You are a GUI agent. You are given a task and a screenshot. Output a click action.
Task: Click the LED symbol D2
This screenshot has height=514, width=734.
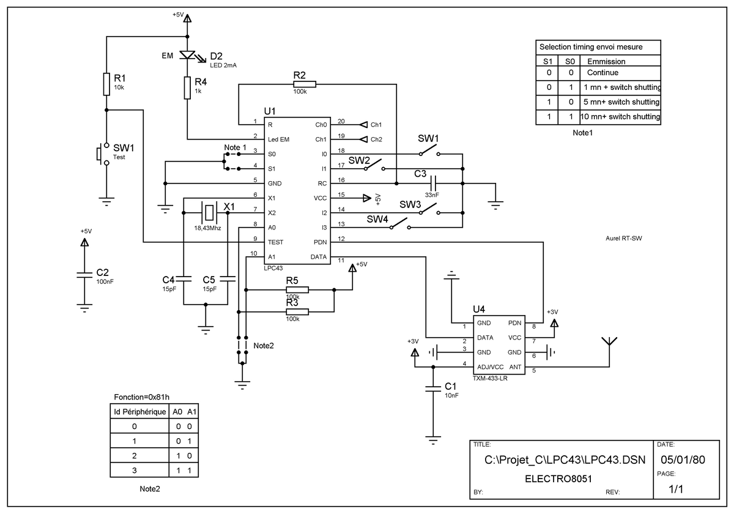(x=188, y=55)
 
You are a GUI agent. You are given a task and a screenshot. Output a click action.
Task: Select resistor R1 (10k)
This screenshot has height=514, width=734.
(x=106, y=84)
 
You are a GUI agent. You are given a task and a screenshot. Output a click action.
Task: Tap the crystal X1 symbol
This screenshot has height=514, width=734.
(x=209, y=213)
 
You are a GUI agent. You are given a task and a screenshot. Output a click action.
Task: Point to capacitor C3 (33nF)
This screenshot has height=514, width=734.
(x=433, y=184)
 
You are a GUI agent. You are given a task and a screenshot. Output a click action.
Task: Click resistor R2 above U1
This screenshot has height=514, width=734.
(x=305, y=84)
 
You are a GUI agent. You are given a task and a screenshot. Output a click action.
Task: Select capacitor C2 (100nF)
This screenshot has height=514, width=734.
(x=84, y=275)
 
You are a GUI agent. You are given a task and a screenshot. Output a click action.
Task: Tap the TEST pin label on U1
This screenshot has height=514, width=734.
(x=275, y=242)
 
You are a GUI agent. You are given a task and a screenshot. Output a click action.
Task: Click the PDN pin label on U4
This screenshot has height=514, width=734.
(x=514, y=323)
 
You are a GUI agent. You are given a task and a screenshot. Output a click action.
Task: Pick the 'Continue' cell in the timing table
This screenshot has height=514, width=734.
(x=602, y=72)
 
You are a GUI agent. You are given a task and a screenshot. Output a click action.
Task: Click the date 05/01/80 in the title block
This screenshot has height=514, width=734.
(x=683, y=460)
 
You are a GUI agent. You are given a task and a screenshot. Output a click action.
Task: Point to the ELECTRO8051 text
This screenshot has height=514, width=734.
(x=558, y=479)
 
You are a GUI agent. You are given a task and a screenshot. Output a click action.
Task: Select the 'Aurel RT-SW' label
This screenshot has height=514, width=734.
(x=623, y=238)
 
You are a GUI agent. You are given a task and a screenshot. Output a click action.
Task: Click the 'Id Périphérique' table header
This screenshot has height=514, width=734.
(x=140, y=412)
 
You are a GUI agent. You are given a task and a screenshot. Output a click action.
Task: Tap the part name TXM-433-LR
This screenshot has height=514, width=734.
(x=490, y=378)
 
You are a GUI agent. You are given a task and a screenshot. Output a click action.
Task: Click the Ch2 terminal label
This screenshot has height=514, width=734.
(x=376, y=140)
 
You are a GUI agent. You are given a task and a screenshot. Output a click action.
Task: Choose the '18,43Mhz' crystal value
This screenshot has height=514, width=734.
(x=207, y=228)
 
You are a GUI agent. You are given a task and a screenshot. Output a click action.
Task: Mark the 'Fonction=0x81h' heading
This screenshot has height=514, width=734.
(x=141, y=397)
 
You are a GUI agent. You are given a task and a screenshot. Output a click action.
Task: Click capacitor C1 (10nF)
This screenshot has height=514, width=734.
(x=433, y=389)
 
